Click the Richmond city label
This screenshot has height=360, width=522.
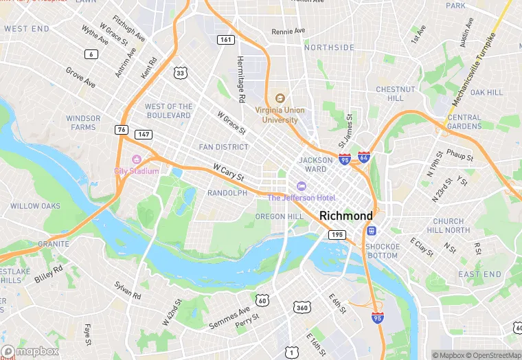pos(346,216)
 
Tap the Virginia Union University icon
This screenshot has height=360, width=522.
pos(280,98)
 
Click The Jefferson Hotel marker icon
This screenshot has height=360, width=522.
pos(301,186)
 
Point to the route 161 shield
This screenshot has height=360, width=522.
pos(225,40)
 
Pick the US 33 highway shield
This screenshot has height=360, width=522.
pos(180,72)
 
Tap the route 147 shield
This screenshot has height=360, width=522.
pos(143,135)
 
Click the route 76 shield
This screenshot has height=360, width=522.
pos(121,129)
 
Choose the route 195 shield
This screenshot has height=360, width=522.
pos(337,235)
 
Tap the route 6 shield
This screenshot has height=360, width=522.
pos(91,54)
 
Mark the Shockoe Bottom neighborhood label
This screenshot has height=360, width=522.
pos(381,251)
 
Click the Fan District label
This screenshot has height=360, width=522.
pos(223,147)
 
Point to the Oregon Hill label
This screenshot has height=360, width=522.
pos(279,216)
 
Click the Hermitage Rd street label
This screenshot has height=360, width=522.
pos(241,80)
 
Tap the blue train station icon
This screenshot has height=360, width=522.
pos(372,231)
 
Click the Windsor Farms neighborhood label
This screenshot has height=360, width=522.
pos(83,122)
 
